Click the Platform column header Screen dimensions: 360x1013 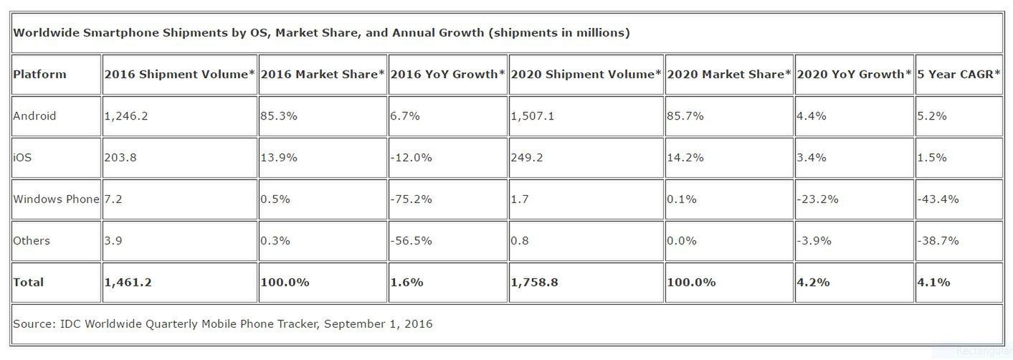click(39, 74)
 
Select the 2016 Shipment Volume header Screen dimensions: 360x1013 click(179, 74)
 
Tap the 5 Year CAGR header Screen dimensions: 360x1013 click(958, 74)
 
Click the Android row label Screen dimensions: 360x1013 click(34, 115)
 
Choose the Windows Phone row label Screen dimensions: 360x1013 click(56, 199)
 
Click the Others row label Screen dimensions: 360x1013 click(32, 240)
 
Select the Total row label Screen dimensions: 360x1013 click(28, 282)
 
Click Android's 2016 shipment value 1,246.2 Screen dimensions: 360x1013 click(126, 115)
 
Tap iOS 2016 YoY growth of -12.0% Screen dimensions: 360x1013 click(412, 157)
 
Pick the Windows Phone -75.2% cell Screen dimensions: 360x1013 click(412, 199)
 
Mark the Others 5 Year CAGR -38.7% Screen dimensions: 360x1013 click(938, 240)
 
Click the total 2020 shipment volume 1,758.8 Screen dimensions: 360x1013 click(535, 282)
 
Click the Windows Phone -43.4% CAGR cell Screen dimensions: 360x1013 click(938, 199)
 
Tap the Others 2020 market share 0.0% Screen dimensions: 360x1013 click(683, 240)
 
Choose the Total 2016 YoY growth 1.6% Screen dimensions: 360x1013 click(406, 282)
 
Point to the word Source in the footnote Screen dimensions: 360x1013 click(32, 323)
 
